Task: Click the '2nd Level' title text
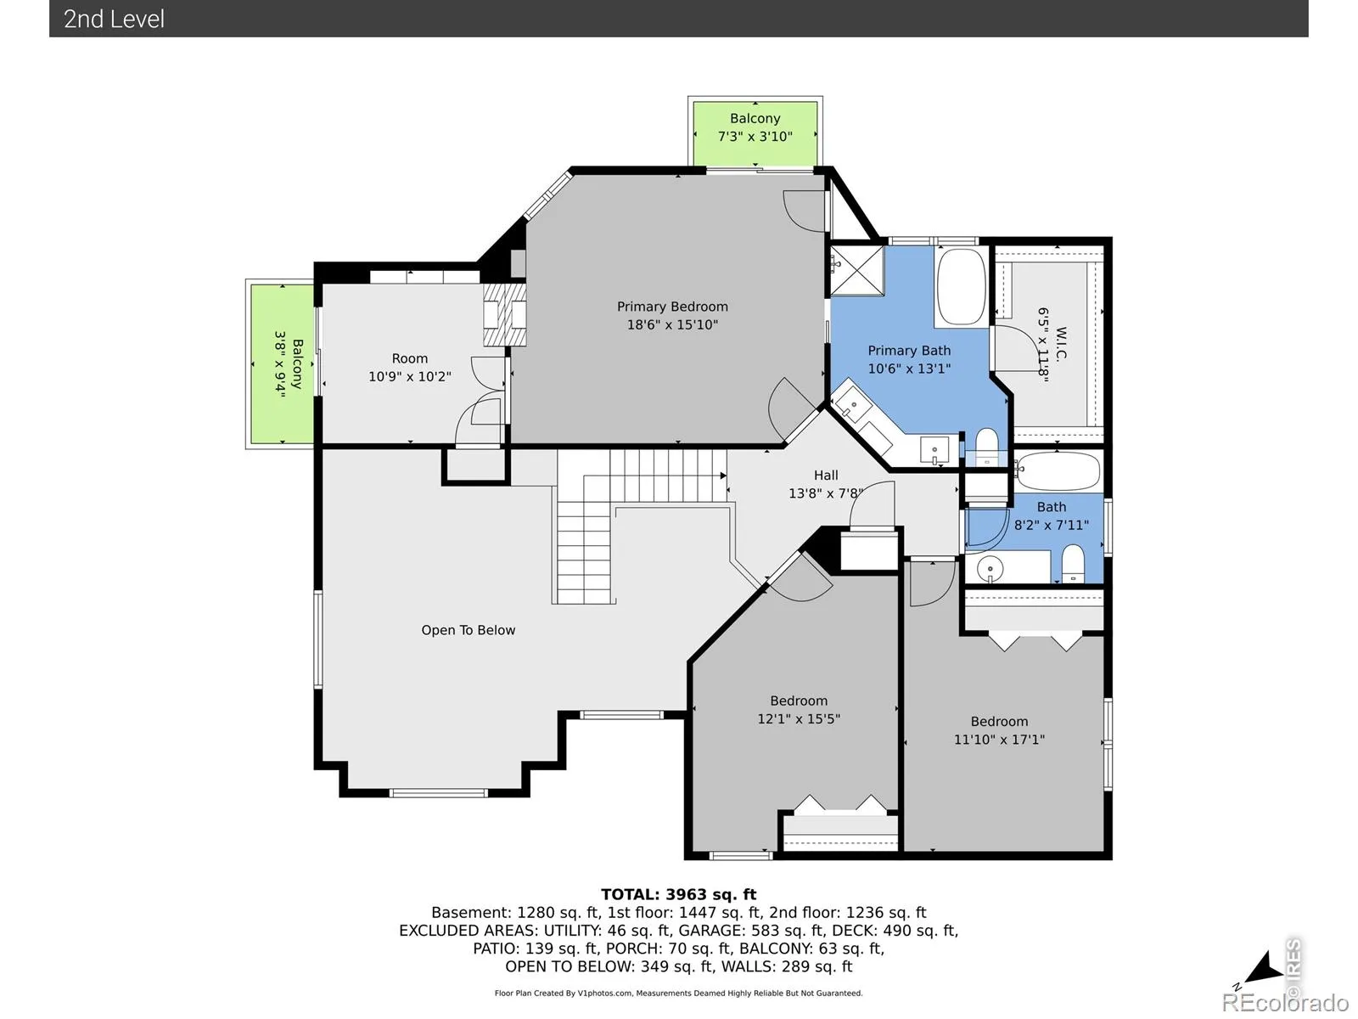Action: coord(114,20)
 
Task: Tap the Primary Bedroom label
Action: coord(672,307)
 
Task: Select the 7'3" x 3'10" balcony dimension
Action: coord(755,136)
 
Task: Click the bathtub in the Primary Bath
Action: coord(962,286)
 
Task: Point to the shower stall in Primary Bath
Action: coord(856,271)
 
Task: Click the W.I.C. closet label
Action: coord(1060,344)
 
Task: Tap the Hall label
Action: coord(826,476)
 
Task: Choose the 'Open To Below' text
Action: coord(469,630)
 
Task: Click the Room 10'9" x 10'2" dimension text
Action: coord(410,376)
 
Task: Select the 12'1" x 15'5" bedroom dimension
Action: coord(799,718)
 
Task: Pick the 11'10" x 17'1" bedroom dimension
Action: coord(999,739)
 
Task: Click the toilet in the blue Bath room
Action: coord(1073,564)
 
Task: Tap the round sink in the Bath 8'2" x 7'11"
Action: coord(990,568)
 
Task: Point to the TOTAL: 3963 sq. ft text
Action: coord(679,894)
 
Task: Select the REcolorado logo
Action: coord(1286,1002)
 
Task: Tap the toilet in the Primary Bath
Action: coord(987,446)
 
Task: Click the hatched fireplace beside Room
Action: coord(504,314)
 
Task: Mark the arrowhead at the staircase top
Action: coord(723,476)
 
